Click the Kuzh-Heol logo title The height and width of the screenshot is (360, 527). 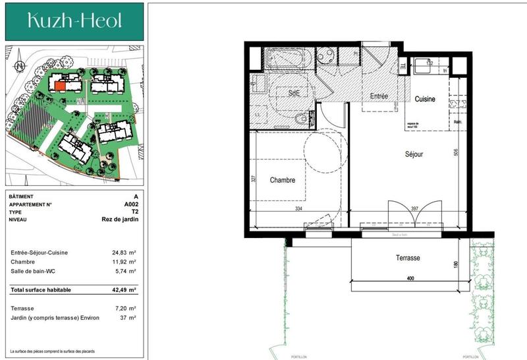click(74, 21)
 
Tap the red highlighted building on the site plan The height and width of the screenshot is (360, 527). click(60, 85)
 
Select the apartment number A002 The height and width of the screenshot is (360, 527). click(131, 204)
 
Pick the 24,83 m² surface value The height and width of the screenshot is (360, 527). click(124, 253)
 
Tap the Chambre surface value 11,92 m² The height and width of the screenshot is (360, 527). click(124, 262)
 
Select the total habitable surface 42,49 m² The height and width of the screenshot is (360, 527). click(124, 289)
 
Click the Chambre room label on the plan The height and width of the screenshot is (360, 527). click(282, 180)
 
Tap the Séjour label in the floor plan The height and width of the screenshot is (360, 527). click(414, 154)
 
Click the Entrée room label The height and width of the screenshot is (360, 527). click(378, 96)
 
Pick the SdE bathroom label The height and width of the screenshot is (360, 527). click(294, 94)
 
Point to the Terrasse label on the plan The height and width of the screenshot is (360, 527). click(408, 258)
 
